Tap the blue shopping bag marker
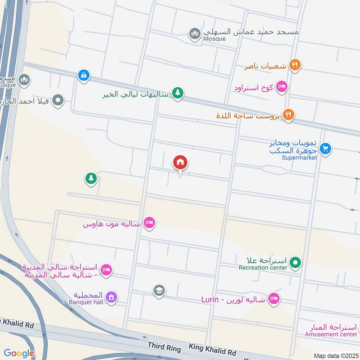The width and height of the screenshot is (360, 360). click(83, 76)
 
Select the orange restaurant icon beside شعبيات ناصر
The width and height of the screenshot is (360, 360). click(295, 66)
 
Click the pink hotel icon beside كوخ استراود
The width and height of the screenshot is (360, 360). click(282, 86)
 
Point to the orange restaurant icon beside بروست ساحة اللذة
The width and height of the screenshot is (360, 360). click(288, 115)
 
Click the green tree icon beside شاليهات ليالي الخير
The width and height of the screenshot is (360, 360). click(178, 94)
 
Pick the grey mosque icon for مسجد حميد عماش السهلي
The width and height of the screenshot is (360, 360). click(194, 34)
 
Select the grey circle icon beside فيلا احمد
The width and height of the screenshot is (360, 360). click(58, 100)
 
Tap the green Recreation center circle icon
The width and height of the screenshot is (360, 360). click(295, 261)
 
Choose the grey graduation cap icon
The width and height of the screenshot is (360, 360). click(158, 291)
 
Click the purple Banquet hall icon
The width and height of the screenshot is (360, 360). click(111, 297)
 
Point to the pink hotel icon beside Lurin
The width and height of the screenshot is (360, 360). click(273, 299)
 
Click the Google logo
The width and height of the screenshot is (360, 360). click(19, 353)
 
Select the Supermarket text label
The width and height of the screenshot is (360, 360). click(299, 157)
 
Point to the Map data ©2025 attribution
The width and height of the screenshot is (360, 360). click(336, 355)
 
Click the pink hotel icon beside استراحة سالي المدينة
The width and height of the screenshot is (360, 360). click(106, 270)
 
